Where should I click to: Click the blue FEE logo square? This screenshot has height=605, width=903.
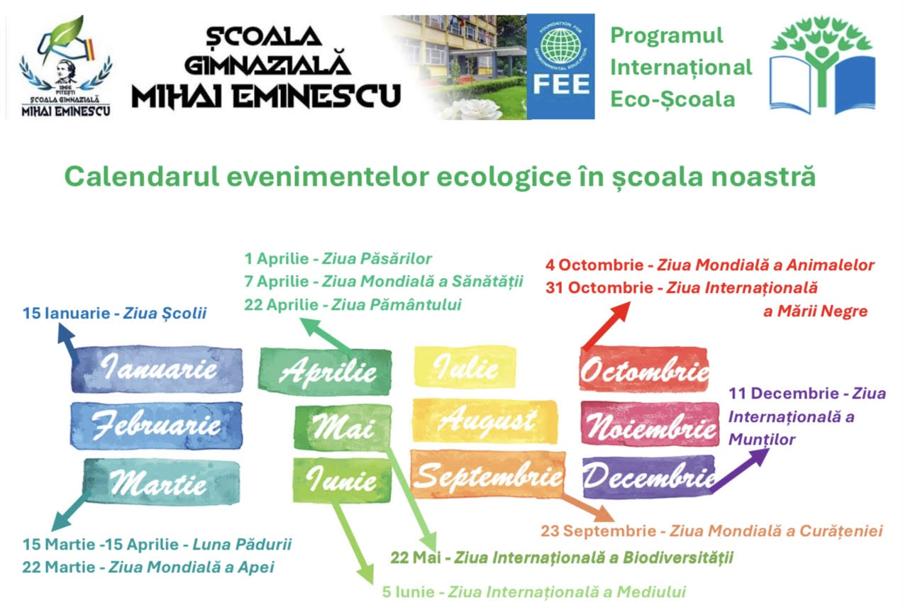point(560,67)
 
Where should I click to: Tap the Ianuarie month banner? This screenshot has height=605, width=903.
point(157,370)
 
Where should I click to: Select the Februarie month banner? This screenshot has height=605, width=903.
point(157,426)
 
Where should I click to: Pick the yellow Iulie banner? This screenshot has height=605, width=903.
point(465,367)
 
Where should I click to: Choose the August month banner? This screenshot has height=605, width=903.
point(485,421)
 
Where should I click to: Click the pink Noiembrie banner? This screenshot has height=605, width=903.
point(650,424)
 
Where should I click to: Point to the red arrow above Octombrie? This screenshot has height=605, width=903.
point(606,326)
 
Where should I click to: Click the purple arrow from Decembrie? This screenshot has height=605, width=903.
point(740,470)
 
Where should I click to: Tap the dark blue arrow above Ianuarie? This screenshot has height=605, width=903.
point(69,343)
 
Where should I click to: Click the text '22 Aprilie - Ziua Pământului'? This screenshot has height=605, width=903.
point(353,305)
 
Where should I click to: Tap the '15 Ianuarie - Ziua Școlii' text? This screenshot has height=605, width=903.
point(114,313)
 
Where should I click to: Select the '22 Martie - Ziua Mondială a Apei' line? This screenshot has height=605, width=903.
point(148,567)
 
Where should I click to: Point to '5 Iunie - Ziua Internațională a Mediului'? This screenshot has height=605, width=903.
point(534,592)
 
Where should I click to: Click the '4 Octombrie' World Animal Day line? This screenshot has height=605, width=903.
point(710,265)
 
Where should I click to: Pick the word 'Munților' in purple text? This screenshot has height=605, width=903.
point(762,440)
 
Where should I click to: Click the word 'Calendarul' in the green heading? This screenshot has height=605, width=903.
point(142,177)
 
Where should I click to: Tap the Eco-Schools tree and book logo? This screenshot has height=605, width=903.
point(822,65)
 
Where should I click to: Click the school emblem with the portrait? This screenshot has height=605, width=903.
point(66,67)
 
